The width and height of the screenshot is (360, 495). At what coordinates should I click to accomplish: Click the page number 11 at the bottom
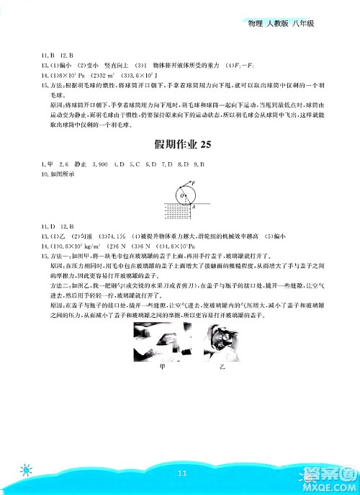(180, 473)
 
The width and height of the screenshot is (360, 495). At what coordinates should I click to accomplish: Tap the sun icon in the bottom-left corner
(27, 471)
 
